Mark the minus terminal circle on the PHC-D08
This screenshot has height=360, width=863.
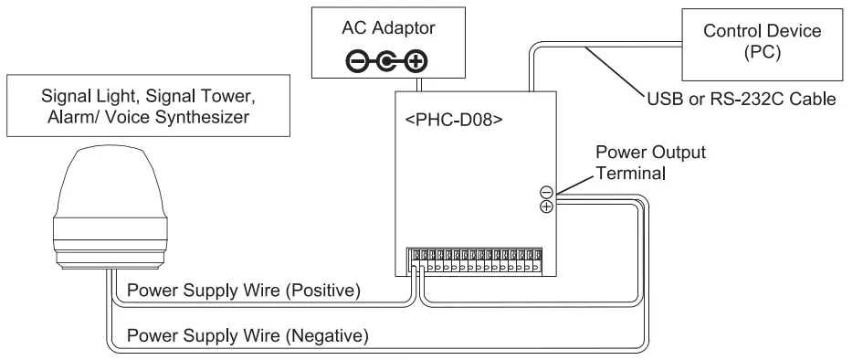point(546,193)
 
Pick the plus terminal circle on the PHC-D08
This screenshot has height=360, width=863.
point(546,206)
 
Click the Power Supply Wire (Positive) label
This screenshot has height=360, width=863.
point(246,291)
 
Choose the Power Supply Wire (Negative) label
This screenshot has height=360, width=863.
point(247,335)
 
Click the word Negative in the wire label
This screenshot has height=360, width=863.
point(331,335)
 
